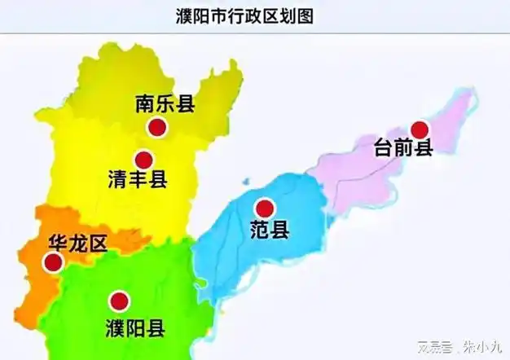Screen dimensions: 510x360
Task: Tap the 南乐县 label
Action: (165, 103)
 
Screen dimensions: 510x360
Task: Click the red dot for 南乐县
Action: (157, 127)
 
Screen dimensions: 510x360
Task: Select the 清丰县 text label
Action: (137, 180)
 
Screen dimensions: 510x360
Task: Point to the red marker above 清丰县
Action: (144, 160)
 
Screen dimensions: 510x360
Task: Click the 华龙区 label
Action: (77, 244)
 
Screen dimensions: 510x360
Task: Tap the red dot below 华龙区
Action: (53, 262)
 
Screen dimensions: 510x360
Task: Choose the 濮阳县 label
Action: (135, 329)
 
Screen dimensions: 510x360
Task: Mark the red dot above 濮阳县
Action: (119, 301)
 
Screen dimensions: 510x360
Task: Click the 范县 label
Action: (269, 230)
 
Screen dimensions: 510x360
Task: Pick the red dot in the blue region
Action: (263, 208)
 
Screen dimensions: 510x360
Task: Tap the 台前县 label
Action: (402, 149)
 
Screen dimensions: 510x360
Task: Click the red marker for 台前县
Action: (420, 130)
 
